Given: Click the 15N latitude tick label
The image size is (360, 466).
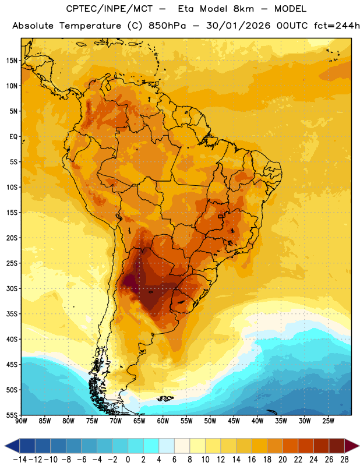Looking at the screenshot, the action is (12, 61).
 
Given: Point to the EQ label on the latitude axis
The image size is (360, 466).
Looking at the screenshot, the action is (13, 137).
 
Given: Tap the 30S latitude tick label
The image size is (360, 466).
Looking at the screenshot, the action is (12, 288).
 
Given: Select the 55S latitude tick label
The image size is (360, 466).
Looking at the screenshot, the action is (12, 415).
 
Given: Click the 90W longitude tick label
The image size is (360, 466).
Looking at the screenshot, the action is (21, 421).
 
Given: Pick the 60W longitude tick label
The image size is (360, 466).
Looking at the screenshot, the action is (163, 421).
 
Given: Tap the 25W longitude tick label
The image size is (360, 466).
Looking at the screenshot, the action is (328, 421).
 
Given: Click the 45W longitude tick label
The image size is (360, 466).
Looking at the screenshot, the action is (234, 421).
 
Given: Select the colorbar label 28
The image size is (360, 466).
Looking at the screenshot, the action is (344, 460).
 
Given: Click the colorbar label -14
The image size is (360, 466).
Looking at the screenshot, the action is (20, 460).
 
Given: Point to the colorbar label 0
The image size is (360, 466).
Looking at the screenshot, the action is (128, 460).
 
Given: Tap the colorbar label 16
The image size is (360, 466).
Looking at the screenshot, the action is (252, 460).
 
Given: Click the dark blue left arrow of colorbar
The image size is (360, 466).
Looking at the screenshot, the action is (12, 446).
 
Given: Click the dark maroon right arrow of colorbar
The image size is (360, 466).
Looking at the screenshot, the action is (352, 446).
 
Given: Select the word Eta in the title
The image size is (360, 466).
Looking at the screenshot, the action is (186, 9).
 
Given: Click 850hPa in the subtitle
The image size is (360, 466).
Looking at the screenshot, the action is (167, 26).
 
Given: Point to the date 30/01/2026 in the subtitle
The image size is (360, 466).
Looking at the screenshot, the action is (238, 26).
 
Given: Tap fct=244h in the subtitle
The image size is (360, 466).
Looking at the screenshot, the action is (337, 26).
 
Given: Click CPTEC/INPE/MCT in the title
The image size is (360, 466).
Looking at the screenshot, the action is (110, 9).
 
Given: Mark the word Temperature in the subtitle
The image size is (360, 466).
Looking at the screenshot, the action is (90, 26).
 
